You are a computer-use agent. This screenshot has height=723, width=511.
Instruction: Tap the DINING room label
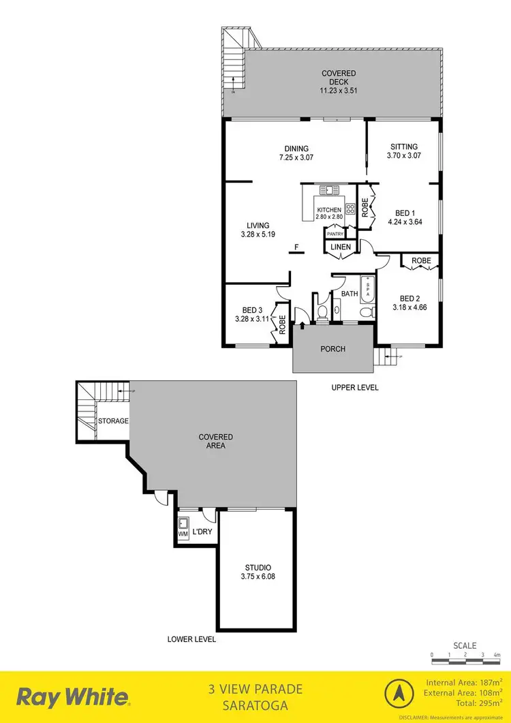click(297, 149)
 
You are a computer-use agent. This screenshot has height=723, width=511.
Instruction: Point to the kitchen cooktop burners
click(350, 209)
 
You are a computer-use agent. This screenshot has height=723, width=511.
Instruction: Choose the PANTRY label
click(335, 234)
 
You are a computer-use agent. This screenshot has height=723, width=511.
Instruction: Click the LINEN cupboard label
click(342, 247)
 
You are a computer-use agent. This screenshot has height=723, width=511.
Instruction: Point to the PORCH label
click(333, 349)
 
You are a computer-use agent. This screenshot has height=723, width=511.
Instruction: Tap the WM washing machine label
click(183, 535)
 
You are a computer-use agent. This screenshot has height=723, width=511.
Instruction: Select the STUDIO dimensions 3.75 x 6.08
click(258, 576)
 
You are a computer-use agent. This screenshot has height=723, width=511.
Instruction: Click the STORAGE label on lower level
click(113, 421)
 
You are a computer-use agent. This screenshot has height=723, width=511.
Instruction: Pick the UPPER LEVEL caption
click(354, 387)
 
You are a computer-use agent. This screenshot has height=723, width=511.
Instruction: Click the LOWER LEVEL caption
click(191, 639)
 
